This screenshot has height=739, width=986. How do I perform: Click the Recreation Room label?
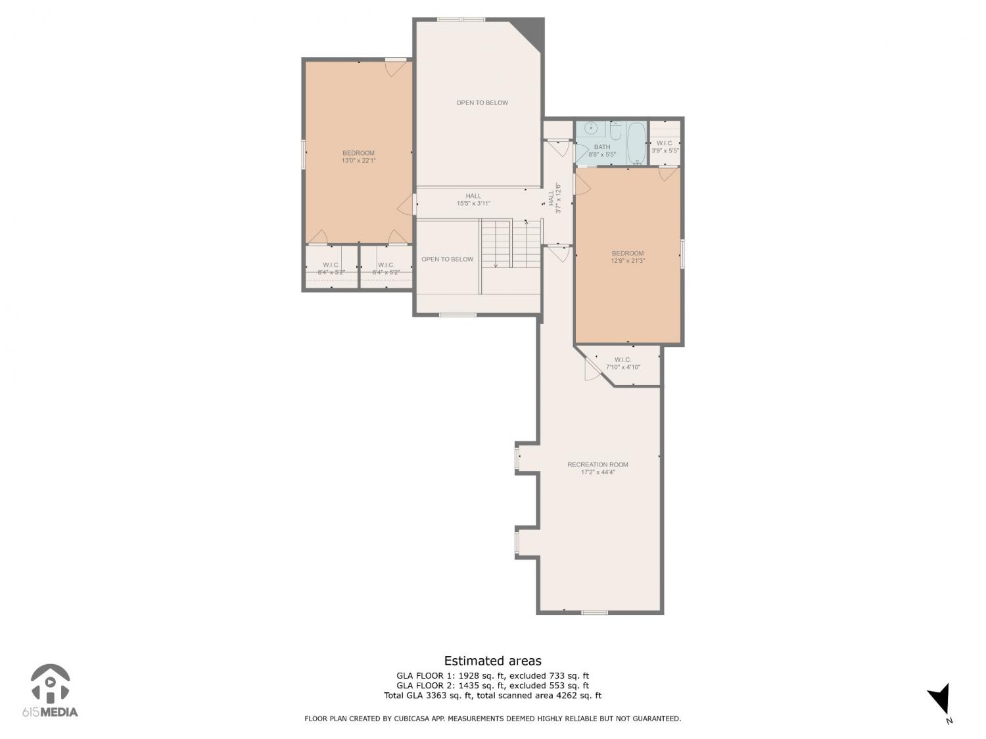click(598, 464)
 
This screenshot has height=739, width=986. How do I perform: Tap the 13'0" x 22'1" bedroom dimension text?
click(358, 160)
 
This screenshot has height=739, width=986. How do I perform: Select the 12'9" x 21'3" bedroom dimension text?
click(628, 260)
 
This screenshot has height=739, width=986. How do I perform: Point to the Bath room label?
click(602, 146)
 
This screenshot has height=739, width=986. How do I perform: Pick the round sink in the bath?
click(591, 128)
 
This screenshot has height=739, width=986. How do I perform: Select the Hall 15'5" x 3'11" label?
click(473, 199)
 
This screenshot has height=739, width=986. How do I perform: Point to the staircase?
click(511, 244)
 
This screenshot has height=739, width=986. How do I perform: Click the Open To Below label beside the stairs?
click(448, 259)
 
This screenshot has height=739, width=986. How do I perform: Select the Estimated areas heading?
click(493, 660)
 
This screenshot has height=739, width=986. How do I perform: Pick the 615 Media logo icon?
click(51, 683)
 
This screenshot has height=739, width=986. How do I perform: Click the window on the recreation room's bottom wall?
click(595, 612)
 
